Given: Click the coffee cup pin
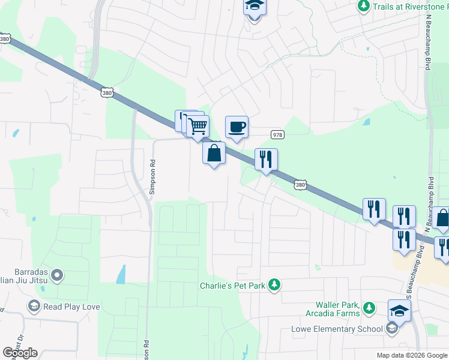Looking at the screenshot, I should click(237, 127).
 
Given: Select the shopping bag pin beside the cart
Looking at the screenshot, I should click(214, 153).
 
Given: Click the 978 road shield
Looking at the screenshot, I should click(277, 134).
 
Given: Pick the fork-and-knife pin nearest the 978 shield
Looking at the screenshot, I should click(266, 160).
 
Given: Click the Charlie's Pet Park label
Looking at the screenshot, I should click(232, 286).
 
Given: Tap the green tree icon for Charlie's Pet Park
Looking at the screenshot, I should click(274, 284).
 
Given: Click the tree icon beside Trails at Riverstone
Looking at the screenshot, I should click(363, 6).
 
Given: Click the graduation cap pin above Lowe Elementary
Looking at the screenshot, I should click(399, 311).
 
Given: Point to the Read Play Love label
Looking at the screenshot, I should click(72, 307).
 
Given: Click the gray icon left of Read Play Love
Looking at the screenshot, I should click(34, 307).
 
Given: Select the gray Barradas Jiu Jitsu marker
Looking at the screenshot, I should click(58, 275).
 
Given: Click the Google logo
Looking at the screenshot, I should click(20, 353).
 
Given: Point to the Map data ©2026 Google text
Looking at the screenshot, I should click(411, 355).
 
